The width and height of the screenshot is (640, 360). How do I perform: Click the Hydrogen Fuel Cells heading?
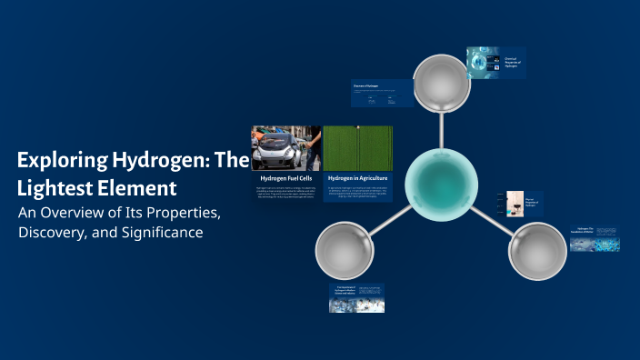pyautogui.click(x=285, y=178)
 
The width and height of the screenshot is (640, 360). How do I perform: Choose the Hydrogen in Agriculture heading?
pyautogui.click(x=357, y=178)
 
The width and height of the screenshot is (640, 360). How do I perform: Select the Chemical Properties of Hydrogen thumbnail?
pyautogui.click(x=496, y=62)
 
